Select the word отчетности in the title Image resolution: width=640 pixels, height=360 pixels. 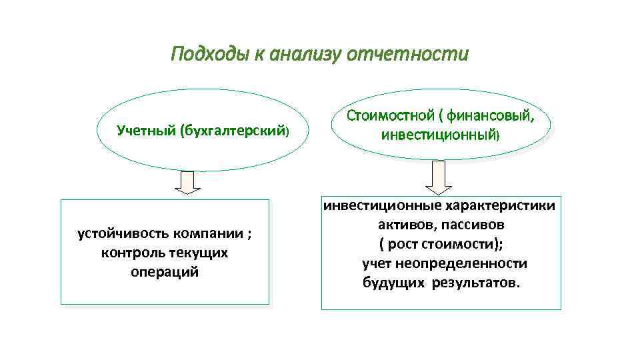pyautogui.click(x=408, y=53)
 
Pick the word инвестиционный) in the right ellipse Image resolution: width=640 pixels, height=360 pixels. pyautogui.click(x=440, y=135)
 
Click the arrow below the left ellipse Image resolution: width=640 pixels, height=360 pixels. pyautogui.click(x=191, y=182)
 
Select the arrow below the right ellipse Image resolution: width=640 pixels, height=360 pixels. pyautogui.click(x=438, y=177)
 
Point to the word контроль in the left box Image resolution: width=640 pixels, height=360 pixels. pyautogui.click(x=129, y=253)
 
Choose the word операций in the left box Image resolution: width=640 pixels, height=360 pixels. pyautogui.click(x=165, y=273)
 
